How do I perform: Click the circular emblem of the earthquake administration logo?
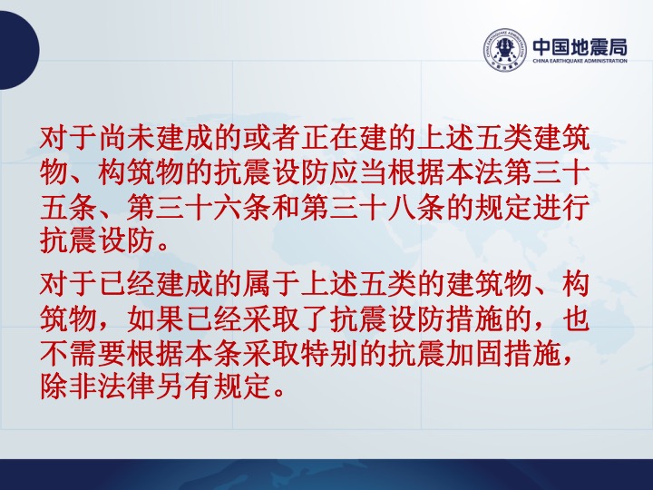(x=505, y=50)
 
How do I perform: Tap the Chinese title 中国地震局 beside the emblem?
(x=580, y=46)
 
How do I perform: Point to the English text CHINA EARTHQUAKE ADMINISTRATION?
(x=580, y=61)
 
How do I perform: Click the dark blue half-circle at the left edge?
(x=19, y=50)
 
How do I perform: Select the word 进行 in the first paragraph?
(x=561, y=207)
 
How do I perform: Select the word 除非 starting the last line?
(x=69, y=388)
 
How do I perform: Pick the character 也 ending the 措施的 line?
(x=576, y=319)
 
